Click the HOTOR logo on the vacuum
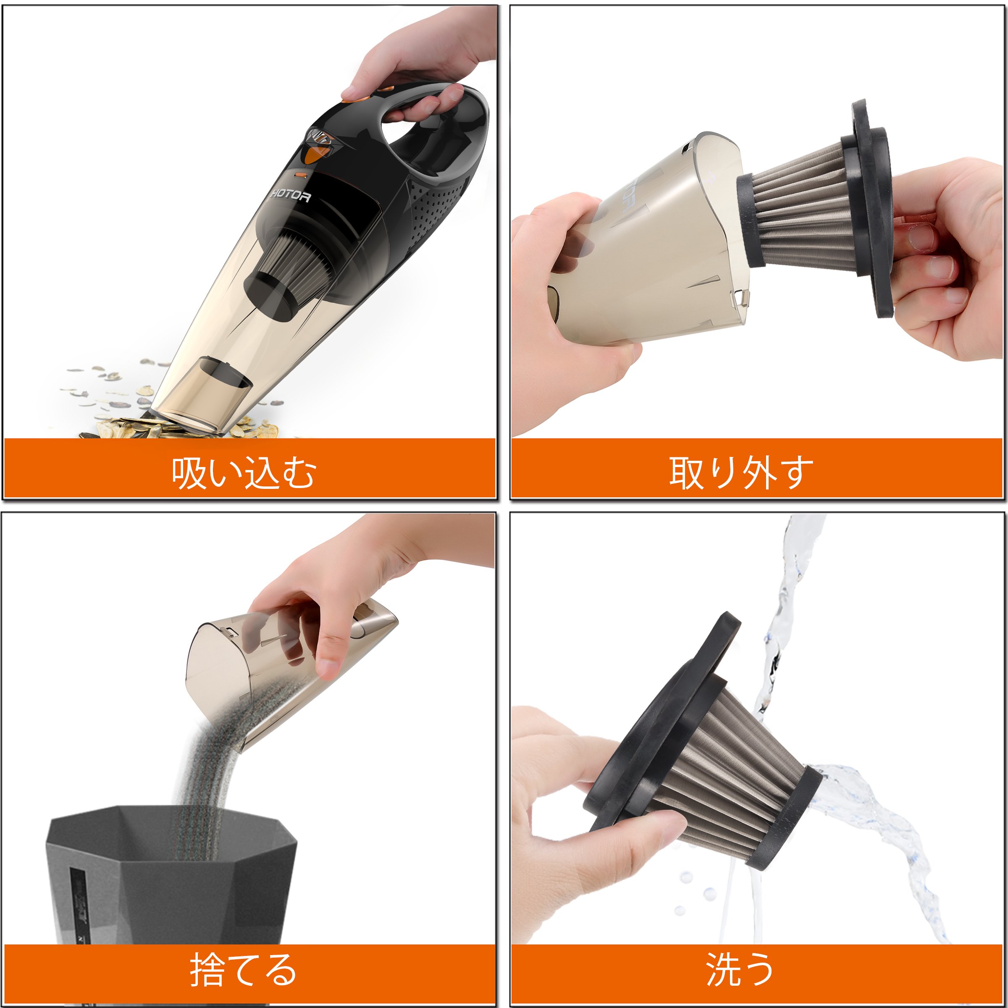291,196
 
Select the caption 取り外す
741,472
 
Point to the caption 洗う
740,969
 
